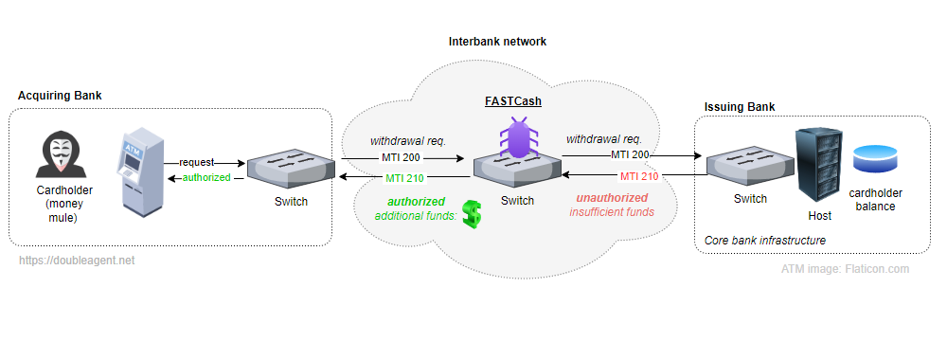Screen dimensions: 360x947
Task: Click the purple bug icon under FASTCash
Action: coord(518,138)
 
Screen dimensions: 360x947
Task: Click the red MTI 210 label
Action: coord(639,176)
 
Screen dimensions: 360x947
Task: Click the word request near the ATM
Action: coord(197,162)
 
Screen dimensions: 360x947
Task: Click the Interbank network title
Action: coord(498,43)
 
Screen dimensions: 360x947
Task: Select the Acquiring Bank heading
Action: coord(61,97)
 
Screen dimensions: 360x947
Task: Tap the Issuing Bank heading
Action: coord(741,106)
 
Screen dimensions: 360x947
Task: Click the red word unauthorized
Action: coord(612,198)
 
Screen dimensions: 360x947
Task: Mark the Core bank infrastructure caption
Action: coord(765,242)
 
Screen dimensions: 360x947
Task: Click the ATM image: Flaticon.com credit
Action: coord(845,269)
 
